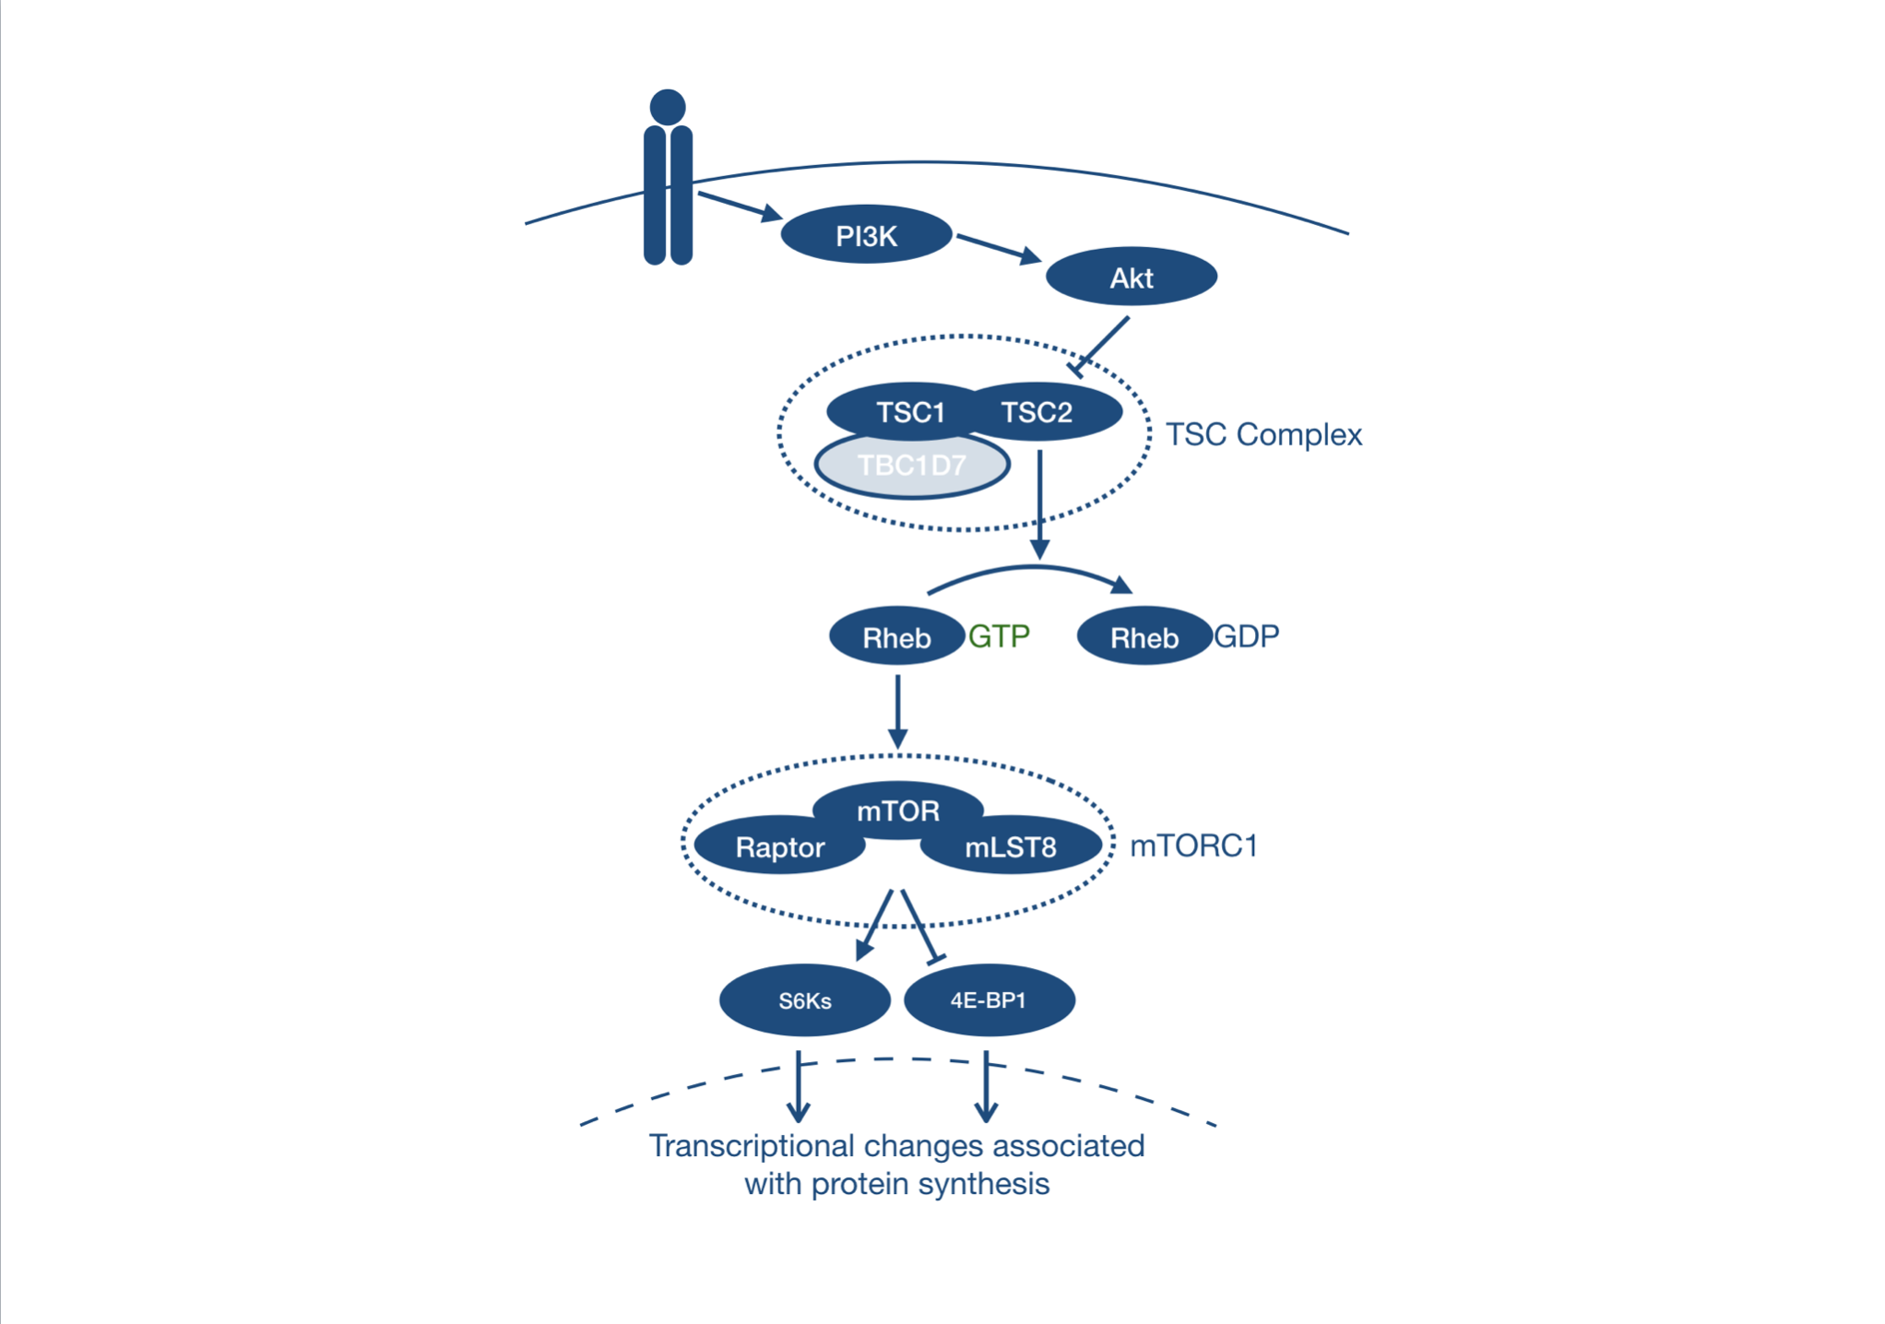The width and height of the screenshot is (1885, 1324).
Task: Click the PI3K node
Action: coord(866,235)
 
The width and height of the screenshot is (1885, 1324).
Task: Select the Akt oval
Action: coord(1131,277)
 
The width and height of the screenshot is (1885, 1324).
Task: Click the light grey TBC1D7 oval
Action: coord(911,466)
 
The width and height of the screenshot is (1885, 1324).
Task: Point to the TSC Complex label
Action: coord(1263,434)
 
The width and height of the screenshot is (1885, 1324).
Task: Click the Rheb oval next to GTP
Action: coord(895,636)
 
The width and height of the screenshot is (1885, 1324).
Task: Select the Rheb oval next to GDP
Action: coord(1144,636)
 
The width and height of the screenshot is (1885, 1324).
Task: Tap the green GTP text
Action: coord(999,635)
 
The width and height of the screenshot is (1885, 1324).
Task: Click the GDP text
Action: coord(1247,635)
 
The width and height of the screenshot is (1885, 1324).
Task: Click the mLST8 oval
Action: coord(1011,846)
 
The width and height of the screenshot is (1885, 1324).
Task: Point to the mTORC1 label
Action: coord(1193,845)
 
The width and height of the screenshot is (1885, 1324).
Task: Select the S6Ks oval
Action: coord(804,1000)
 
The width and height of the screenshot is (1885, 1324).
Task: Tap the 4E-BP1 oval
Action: coord(989,1000)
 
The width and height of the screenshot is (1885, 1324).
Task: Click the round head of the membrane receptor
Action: coord(668,107)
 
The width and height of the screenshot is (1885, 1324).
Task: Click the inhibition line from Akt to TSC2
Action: coord(1102,345)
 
